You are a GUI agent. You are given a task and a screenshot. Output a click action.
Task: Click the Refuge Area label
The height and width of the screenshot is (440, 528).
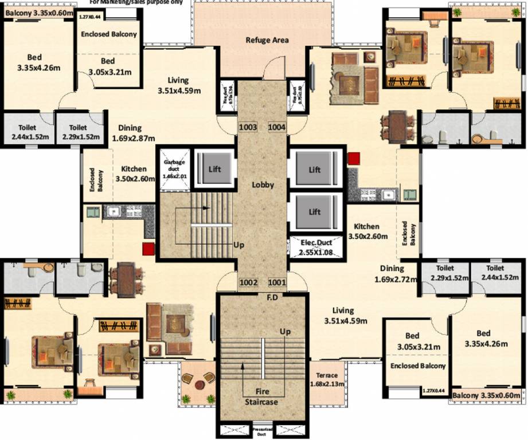point(267,40)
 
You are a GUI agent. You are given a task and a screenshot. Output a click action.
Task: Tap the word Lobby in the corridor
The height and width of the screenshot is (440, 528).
point(263,185)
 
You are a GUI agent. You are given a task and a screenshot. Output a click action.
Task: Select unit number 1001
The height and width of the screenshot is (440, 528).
point(277,282)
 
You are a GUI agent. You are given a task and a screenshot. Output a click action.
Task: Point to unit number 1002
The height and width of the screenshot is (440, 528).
point(248,282)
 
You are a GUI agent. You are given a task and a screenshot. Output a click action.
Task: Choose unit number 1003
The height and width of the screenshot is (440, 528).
point(248,127)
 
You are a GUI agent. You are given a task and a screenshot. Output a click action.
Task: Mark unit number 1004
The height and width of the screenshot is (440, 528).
point(277,127)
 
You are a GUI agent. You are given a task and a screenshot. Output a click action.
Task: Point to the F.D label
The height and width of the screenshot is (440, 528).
point(272,298)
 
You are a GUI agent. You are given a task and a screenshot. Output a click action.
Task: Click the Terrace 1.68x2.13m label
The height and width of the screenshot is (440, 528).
point(327,380)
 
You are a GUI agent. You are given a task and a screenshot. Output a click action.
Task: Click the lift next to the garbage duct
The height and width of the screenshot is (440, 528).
point(215,170)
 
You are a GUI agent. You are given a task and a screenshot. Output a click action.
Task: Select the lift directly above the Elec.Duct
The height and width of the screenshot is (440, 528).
point(315,211)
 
